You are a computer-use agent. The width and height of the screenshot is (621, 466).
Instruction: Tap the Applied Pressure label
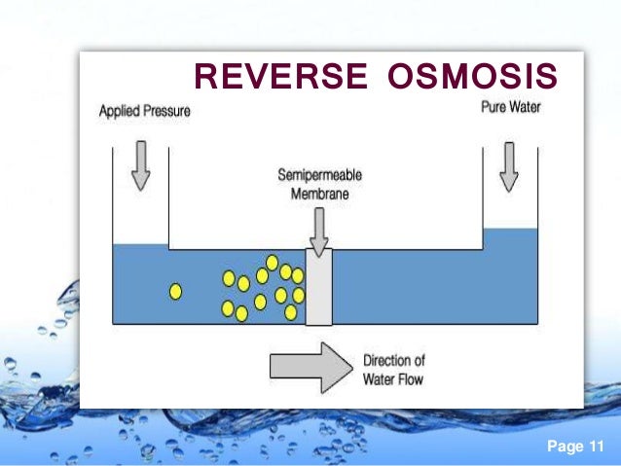coord(145,111)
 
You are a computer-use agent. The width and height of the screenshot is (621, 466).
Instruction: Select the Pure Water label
coord(509,107)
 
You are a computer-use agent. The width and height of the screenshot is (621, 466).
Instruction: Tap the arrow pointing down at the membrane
coord(318,228)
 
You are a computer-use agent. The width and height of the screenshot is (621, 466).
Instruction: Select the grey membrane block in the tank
coord(318,286)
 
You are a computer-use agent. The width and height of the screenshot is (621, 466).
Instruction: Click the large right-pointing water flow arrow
coord(308,366)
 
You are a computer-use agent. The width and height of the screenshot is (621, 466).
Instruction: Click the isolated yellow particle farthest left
coord(175,290)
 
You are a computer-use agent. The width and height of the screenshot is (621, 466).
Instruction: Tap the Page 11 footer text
coord(575,447)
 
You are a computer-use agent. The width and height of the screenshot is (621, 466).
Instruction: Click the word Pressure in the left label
coord(166,111)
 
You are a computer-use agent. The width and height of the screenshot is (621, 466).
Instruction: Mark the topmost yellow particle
coord(273,262)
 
